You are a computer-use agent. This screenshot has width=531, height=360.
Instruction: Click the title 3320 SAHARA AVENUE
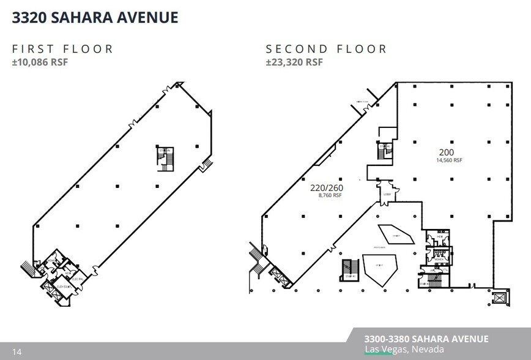95,17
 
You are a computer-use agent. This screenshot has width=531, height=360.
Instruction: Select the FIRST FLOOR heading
63,49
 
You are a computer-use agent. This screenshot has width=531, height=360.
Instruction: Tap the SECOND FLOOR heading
327,49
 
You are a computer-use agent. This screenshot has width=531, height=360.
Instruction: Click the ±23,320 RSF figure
294,62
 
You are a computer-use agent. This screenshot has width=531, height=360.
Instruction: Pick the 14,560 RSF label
448,160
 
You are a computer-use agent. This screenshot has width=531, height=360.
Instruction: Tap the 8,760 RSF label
330,196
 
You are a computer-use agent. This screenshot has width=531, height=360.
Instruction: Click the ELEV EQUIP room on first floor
63,286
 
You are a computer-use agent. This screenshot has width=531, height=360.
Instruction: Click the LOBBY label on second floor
387,195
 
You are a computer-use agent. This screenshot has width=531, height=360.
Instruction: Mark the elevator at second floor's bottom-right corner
500,299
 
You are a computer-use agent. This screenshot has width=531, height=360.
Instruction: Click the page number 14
17,351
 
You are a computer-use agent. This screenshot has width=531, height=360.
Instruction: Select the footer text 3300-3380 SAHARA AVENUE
426,339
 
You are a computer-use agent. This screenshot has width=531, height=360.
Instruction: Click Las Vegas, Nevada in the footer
404,350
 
